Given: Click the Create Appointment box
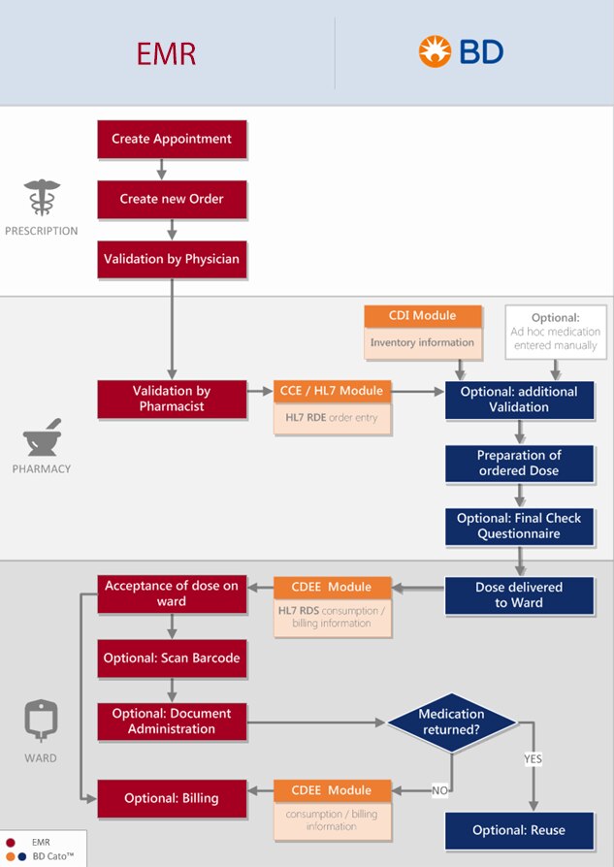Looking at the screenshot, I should coord(172,140).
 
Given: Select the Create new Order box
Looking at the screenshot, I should coord(172,200).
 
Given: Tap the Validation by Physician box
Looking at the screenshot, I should coord(172,260).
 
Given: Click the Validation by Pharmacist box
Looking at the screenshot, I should coord(172,400).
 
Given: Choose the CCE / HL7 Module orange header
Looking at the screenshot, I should coord(333,391).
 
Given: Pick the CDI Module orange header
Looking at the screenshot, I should coord(422,316).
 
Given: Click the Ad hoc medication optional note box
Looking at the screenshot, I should coord(555,332).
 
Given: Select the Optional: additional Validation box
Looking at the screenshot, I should coord(519,400).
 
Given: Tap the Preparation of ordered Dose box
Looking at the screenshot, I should coord(519,463).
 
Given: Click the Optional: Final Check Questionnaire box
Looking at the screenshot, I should coord(519,526).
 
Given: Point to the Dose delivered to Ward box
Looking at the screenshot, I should coord(519,594).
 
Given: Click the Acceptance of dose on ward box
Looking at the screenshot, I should coord(172,594).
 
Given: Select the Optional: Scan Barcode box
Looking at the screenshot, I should coord(172,658).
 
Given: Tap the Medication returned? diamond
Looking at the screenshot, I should coord(451,722).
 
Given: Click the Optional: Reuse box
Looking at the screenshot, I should coord(519,830).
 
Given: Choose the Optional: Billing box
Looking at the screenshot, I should coord(172,798).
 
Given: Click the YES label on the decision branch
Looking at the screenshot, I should coord(533,758).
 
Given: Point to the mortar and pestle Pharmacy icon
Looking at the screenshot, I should coord(41,437).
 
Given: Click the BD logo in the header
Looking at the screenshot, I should coord(461,51).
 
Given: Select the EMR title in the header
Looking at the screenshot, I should coord(166,53).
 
